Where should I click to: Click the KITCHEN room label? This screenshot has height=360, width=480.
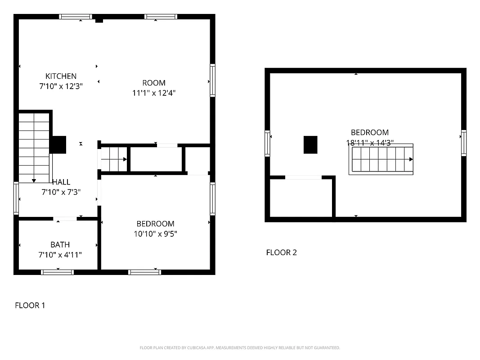(61, 76)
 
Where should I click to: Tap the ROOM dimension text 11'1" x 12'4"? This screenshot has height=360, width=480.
(153, 93)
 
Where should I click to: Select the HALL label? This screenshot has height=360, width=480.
(61, 182)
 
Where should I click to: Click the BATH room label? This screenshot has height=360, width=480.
(60, 245)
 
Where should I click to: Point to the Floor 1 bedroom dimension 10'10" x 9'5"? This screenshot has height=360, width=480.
(155, 234)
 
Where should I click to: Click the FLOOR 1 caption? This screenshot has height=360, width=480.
(30, 306)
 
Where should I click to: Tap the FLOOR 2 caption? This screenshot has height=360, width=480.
(281, 252)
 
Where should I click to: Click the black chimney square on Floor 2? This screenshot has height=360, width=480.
(310, 145)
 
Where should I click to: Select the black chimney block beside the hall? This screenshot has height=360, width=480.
(58, 144)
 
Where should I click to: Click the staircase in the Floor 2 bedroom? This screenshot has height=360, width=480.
(381, 159)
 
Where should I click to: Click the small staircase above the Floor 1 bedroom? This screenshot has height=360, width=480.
(113, 159)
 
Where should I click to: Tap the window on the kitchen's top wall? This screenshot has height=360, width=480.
(76, 17)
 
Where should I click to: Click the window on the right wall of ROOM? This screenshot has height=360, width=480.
(212, 81)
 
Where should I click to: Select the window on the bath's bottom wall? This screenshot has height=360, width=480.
(57, 272)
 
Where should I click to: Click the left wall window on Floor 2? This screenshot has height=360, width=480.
(267, 143)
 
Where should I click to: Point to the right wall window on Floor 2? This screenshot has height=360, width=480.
(463, 143)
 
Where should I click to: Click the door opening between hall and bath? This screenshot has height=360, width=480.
(65, 219)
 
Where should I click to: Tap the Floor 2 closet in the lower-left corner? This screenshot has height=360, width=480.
(301, 198)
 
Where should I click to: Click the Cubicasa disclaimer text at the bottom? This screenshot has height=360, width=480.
(240, 348)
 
